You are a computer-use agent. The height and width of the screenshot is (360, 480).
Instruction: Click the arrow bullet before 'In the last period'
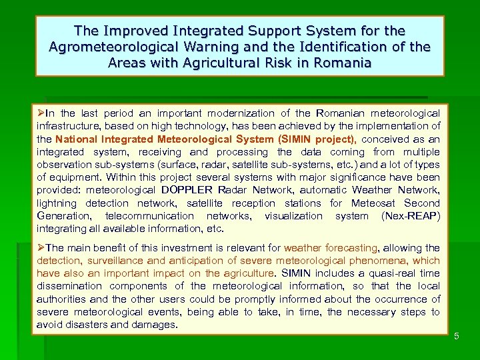41,113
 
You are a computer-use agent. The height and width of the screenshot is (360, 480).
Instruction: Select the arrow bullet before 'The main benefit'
41,247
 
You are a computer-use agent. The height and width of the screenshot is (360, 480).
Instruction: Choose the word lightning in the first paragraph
58,203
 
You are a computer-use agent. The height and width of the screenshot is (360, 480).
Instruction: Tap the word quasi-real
387,273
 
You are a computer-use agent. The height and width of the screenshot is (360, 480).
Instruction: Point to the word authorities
65,299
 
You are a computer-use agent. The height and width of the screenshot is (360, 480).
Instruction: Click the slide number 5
457,336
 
